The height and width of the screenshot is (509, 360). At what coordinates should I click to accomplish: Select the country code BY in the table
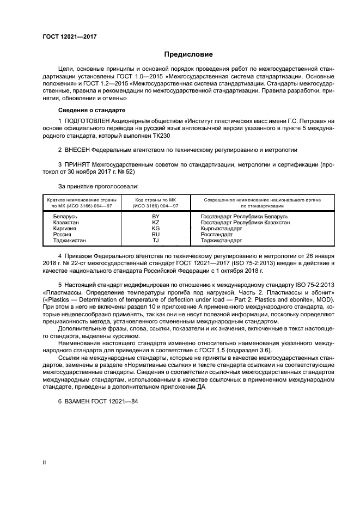point(155,216)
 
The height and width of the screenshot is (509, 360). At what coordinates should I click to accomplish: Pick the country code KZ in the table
point(155,222)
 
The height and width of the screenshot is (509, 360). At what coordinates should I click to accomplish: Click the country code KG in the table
point(155,228)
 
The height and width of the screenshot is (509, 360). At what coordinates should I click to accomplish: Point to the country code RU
point(155,234)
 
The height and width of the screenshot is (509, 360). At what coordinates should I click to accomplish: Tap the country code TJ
point(155,240)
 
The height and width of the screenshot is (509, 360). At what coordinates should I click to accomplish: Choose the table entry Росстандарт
point(217,234)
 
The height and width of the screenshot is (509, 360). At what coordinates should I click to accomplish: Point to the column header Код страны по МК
point(156,200)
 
